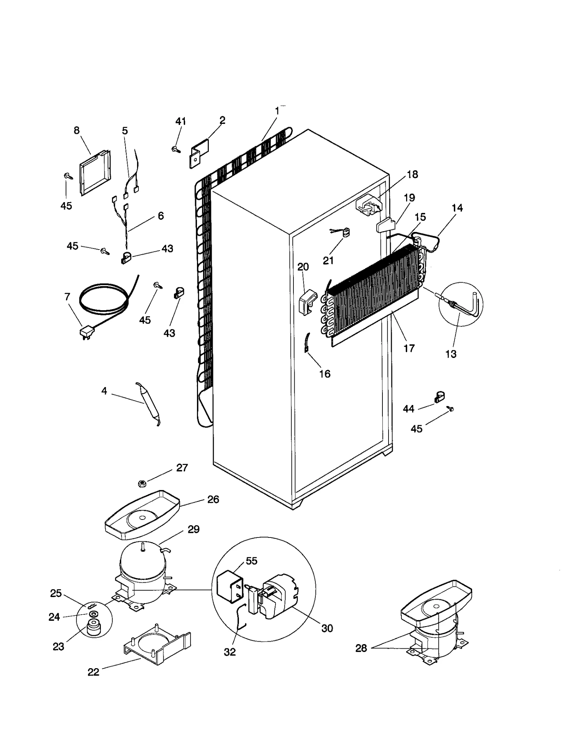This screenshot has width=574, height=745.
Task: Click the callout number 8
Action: click(x=76, y=130)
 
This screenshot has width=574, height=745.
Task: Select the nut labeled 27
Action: click(x=142, y=484)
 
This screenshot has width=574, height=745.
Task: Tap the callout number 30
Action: click(x=327, y=628)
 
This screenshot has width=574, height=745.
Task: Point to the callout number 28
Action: click(x=361, y=648)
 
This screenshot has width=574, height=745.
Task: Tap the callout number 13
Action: click(x=451, y=354)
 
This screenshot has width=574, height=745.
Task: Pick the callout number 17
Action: click(x=409, y=348)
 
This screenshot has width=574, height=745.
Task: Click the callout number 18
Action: click(x=412, y=174)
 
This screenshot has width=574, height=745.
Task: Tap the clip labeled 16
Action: click(x=307, y=343)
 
